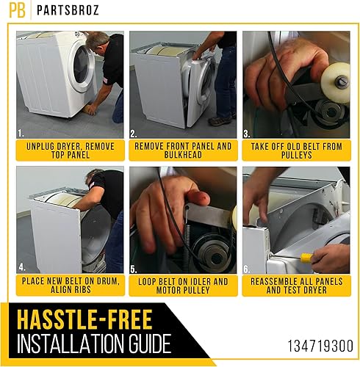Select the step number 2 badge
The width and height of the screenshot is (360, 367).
(x=134, y=134)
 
